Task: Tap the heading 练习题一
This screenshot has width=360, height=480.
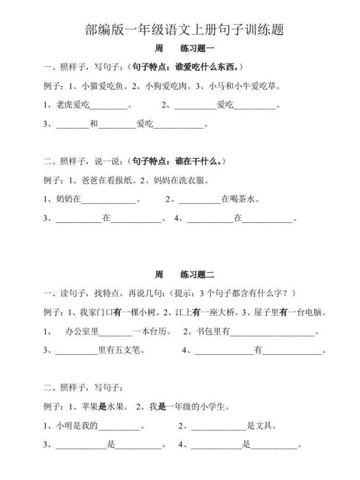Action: click(198, 50)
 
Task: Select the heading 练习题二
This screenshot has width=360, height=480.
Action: click(198, 275)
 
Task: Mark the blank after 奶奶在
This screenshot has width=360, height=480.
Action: click(109, 200)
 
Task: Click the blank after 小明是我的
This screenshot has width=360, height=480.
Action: click(120, 426)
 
